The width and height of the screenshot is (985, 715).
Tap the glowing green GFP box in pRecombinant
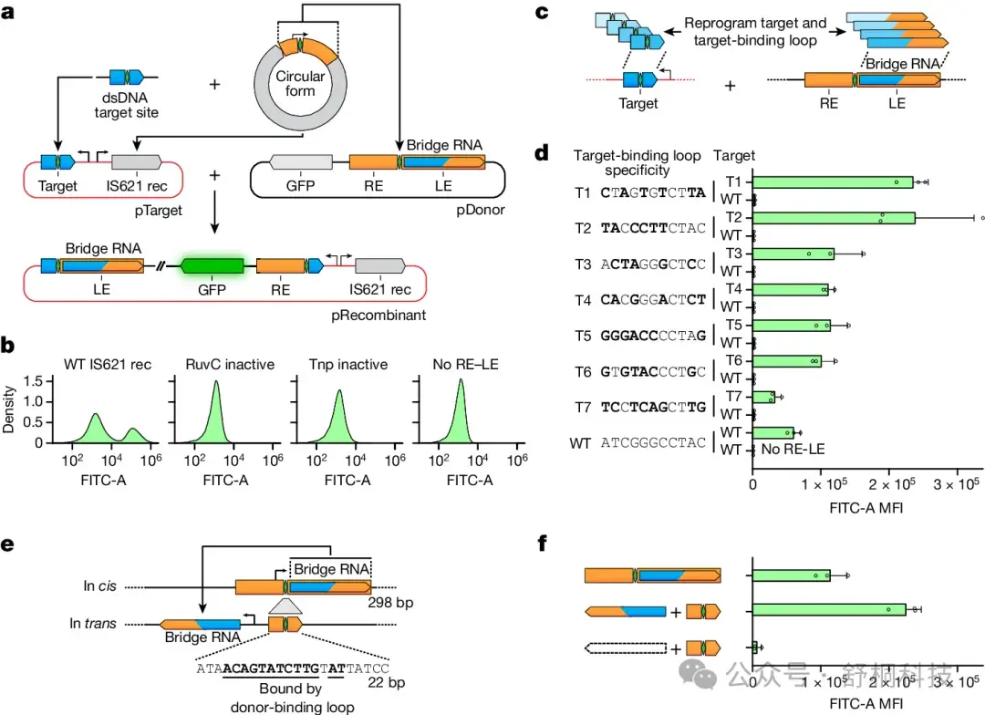(213, 265)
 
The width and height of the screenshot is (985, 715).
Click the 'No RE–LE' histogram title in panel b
(460, 365)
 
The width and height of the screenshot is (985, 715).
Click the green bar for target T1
(833, 182)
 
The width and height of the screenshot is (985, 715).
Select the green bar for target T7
(763, 397)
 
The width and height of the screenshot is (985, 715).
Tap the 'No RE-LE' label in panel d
(790, 450)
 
